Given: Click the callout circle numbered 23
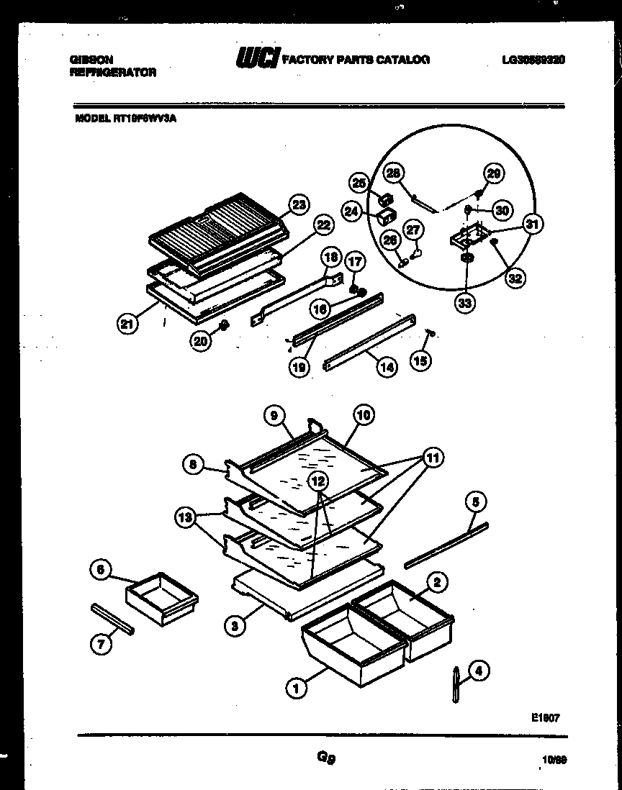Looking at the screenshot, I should pos(298,204).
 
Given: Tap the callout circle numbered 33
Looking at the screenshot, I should pos(465,303).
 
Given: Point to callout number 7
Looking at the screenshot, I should pos(102,645).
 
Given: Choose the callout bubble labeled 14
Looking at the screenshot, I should pos(387,366).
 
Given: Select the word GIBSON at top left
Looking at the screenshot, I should pos(90,60).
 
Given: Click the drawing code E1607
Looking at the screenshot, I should pos(545,717).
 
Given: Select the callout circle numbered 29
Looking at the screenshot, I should pos(494,173).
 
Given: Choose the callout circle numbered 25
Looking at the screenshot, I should pos(360,181).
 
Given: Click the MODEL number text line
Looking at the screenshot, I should pos(126,119).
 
